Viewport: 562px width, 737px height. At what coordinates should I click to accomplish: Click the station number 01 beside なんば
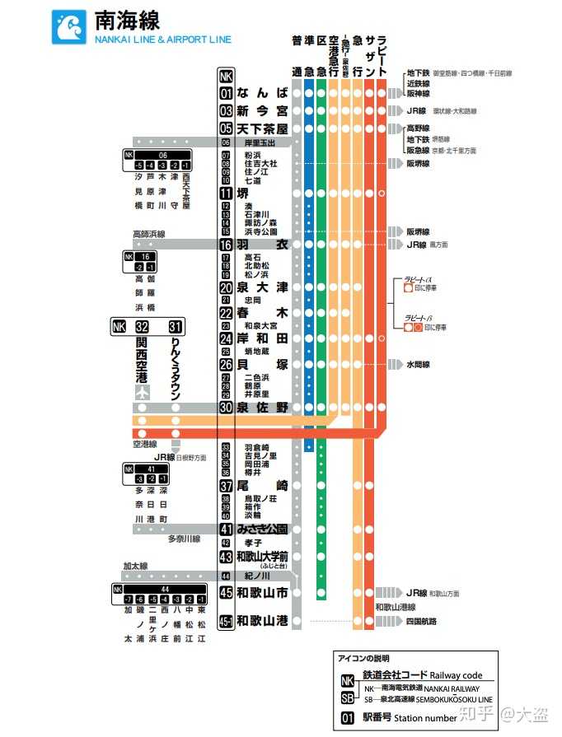click(x=227, y=93)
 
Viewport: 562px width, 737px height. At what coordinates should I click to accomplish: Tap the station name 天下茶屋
click(x=262, y=129)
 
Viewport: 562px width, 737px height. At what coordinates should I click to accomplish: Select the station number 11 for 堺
click(x=227, y=194)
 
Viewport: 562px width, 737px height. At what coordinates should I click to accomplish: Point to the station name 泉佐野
click(x=262, y=407)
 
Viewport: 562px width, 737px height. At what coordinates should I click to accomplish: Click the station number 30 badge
click(x=227, y=407)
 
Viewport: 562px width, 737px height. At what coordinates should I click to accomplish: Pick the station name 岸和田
click(x=262, y=338)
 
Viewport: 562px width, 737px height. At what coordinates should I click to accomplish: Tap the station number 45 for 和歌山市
click(x=227, y=592)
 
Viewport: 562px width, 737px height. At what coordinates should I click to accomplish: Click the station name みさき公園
click(x=262, y=529)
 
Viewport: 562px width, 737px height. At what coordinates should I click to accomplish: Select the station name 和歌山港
click(x=262, y=621)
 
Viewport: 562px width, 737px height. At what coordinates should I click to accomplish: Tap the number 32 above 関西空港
click(x=142, y=327)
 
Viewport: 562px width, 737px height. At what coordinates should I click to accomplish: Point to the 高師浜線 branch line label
click(x=149, y=235)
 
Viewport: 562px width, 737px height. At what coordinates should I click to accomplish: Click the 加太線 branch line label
click(x=135, y=566)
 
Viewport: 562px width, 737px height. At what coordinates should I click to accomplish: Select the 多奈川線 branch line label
click(x=185, y=539)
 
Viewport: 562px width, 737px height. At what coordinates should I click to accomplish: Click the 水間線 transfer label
click(x=418, y=364)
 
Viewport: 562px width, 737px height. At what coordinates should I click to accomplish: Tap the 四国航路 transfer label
click(x=420, y=621)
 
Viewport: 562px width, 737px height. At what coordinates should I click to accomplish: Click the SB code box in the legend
click(x=348, y=698)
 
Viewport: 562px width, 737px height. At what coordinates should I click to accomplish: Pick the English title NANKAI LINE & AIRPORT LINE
click(x=163, y=40)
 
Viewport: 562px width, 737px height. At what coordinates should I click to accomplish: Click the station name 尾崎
click(x=262, y=486)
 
